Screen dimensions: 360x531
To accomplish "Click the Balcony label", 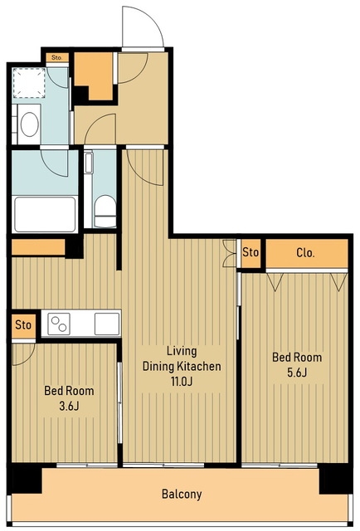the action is (182, 494).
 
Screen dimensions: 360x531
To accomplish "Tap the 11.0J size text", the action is (182, 382).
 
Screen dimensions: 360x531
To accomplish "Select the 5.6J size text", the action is (297, 373).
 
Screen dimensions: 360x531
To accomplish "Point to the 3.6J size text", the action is (69, 406).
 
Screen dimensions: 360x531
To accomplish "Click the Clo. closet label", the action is (305, 252).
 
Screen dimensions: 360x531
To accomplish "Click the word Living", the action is (182, 351).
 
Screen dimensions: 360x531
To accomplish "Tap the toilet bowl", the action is (105, 211).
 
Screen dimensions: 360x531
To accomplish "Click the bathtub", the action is (45, 214).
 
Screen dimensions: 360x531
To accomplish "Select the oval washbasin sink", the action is (30, 124).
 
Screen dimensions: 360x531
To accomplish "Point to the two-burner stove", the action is (59, 324).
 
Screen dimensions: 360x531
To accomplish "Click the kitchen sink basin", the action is (107, 324).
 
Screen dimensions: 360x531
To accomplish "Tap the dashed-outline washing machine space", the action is (29, 83).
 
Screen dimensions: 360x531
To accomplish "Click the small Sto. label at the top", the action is (57, 57).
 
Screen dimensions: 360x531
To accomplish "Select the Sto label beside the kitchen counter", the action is (23, 325).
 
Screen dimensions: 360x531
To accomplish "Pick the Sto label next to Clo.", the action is (251, 252).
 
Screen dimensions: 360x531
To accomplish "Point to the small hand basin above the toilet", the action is (89, 163).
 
